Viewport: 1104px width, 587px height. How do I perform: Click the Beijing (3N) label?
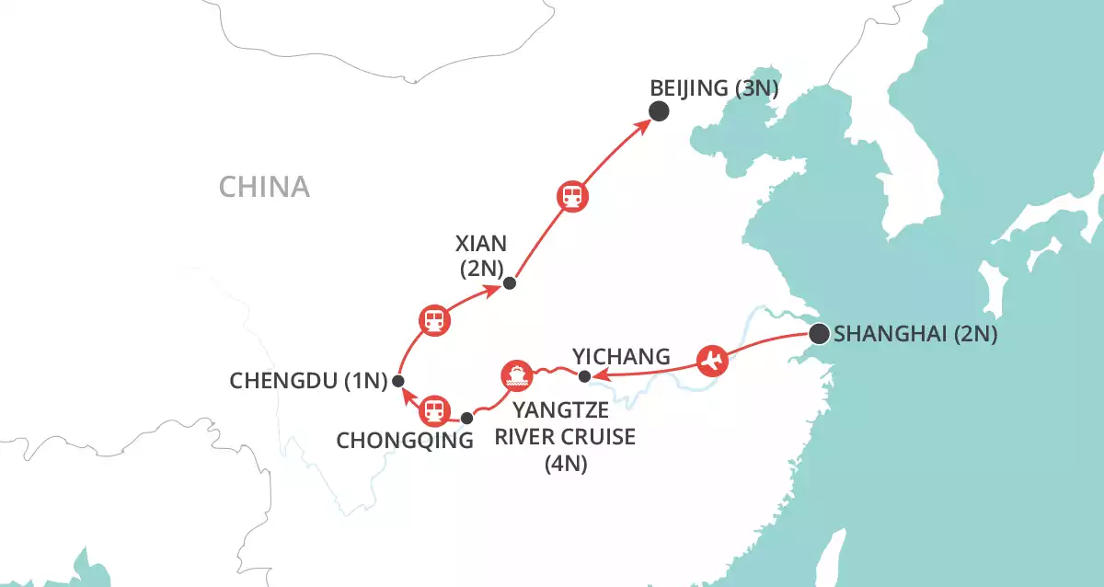pyautogui.click(x=714, y=89)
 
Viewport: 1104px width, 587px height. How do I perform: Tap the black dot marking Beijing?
pyautogui.click(x=659, y=111)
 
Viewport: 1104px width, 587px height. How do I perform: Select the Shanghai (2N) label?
pyautogui.click(x=915, y=335)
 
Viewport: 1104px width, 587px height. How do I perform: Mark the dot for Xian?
pyautogui.click(x=510, y=283)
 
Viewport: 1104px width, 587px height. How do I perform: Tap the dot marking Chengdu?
pyautogui.click(x=398, y=380)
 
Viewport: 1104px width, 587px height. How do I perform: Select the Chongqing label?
pyautogui.click(x=405, y=441)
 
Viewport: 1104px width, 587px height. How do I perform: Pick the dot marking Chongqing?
pyautogui.click(x=466, y=418)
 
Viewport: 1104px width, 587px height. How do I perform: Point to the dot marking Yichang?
pyautogui.click(x=584, y=375)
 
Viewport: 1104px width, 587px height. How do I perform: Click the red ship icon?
pyautogui.click(x=516, y=375)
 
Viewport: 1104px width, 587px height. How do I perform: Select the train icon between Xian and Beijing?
pyautogui.click(x=573, y=196)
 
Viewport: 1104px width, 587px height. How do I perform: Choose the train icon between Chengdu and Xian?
pyautogui.click(x=434, y=321)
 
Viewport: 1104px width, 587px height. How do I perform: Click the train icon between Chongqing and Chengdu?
pyautogui.click(x=435, y=409)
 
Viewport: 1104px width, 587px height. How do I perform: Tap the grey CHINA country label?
pyautogui.click(x=264, y=188)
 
